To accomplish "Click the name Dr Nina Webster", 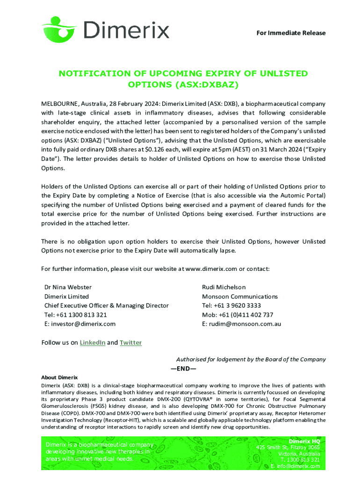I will click(x=68, y=287).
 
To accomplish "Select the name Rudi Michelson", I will click(x=223, y=287).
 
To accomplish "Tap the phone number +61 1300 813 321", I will click(x=82, y=314).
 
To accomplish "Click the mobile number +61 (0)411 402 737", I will click(x=250, y=314).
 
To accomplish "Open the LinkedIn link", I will click(x=92, y=342).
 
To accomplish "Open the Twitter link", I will click(x=130, y=342).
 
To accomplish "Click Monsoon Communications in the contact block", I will click(x=239, y=296).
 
